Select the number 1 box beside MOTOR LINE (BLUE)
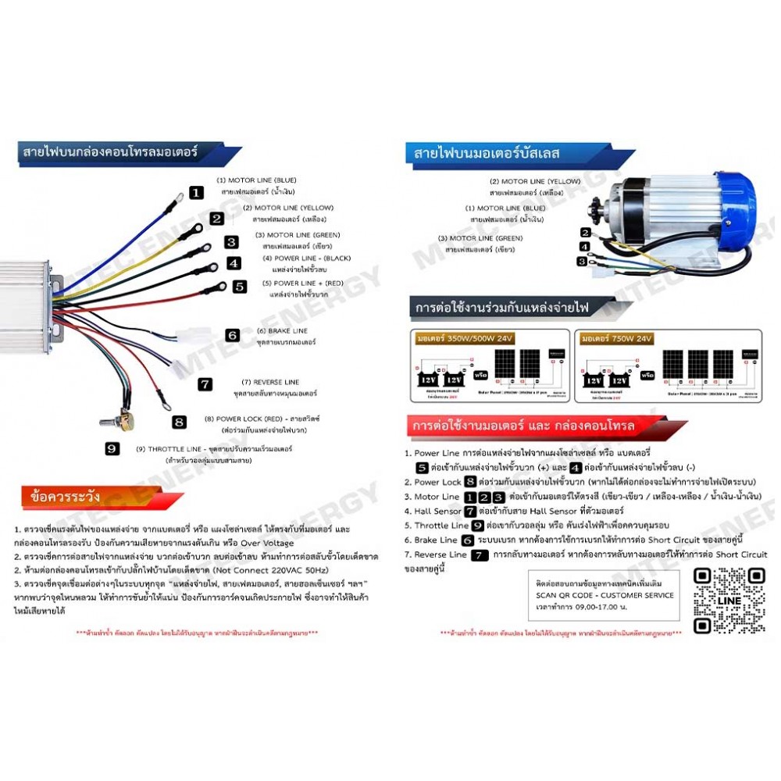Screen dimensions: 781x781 pos(197,192)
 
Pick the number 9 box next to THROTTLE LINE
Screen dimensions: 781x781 pos(112,448)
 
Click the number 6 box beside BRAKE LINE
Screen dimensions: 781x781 pos(232,335)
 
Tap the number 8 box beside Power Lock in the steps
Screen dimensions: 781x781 pos(470,482)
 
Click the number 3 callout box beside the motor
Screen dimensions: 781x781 pos(583,262)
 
